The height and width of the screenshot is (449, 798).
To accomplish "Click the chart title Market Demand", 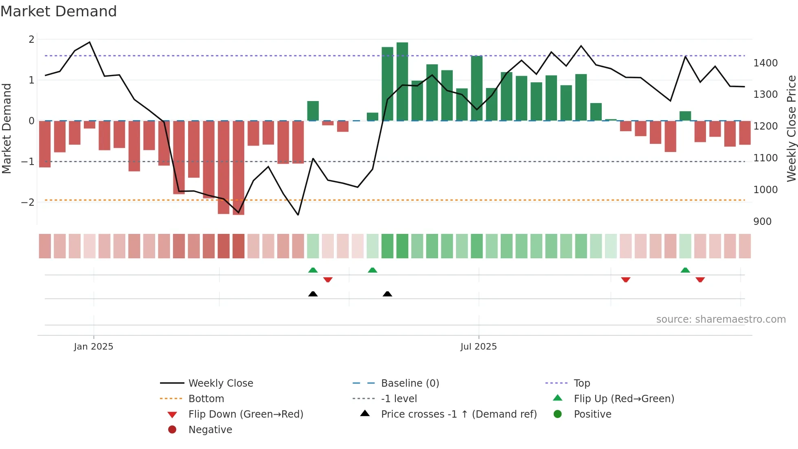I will pos(59,11).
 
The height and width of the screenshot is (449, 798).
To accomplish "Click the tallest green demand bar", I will pos(402,81).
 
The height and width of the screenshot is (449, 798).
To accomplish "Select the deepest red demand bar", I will pos(239,167).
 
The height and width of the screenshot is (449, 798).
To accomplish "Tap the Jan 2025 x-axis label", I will pos(94,347).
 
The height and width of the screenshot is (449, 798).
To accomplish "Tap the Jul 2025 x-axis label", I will pos(478,347).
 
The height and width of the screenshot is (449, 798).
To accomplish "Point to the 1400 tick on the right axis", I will pos(765,63).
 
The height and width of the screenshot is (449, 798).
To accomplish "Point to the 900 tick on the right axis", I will pos(762,222).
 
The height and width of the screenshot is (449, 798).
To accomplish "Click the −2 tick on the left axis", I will pos(28,202).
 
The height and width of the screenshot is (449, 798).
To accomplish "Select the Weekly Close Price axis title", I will pos(791,128).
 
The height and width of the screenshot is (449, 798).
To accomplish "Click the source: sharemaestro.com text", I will pos(721,319).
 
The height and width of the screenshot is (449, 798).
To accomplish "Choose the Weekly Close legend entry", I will pos(221,383).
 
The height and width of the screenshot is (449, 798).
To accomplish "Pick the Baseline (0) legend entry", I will pos(410,383).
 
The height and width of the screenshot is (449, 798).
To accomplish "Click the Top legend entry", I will pos(582,383).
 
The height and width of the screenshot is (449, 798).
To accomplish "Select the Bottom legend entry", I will pos(206,399).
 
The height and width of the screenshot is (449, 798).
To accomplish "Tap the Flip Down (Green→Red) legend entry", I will pos(246,414).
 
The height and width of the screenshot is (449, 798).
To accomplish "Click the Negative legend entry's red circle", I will pos(172,430).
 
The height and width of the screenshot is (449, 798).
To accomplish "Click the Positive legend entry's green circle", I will pos(558,414).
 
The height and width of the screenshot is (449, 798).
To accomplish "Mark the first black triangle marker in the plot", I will pos(313,294).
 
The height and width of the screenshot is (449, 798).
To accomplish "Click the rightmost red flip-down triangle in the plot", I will pos(700,280).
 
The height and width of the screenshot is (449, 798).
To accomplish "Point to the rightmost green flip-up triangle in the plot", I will pos(685,270).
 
